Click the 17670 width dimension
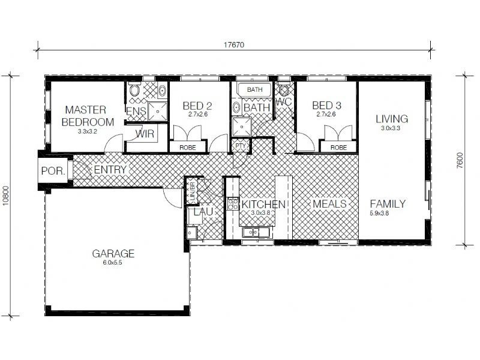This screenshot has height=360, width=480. click(234, 45)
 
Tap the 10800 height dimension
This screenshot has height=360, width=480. click(6, 196)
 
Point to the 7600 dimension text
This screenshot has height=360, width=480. click(460, 160)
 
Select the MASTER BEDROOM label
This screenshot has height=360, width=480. click(88, 116)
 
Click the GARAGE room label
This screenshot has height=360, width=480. click(113, 253)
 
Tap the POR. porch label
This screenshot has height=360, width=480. click(53, 171)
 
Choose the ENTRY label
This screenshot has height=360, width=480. click(110, 170)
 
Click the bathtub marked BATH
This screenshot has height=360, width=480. click(254, 89)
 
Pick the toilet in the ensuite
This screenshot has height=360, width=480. click(134, 90)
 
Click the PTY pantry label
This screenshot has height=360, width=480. click(241, 146)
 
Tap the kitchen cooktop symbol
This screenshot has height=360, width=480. click(233, 204)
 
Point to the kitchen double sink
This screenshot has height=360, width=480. click(257, 232)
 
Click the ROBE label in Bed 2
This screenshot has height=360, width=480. click(188, 148)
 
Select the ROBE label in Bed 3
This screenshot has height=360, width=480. click(338, 148)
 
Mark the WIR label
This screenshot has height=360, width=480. click(145, 134)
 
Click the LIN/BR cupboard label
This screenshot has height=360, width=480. click(193, 192)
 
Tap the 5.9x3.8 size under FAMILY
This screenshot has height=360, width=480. click(379, 214)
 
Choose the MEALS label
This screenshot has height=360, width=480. click(329, 204)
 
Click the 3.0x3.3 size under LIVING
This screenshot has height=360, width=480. click(391, 128)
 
